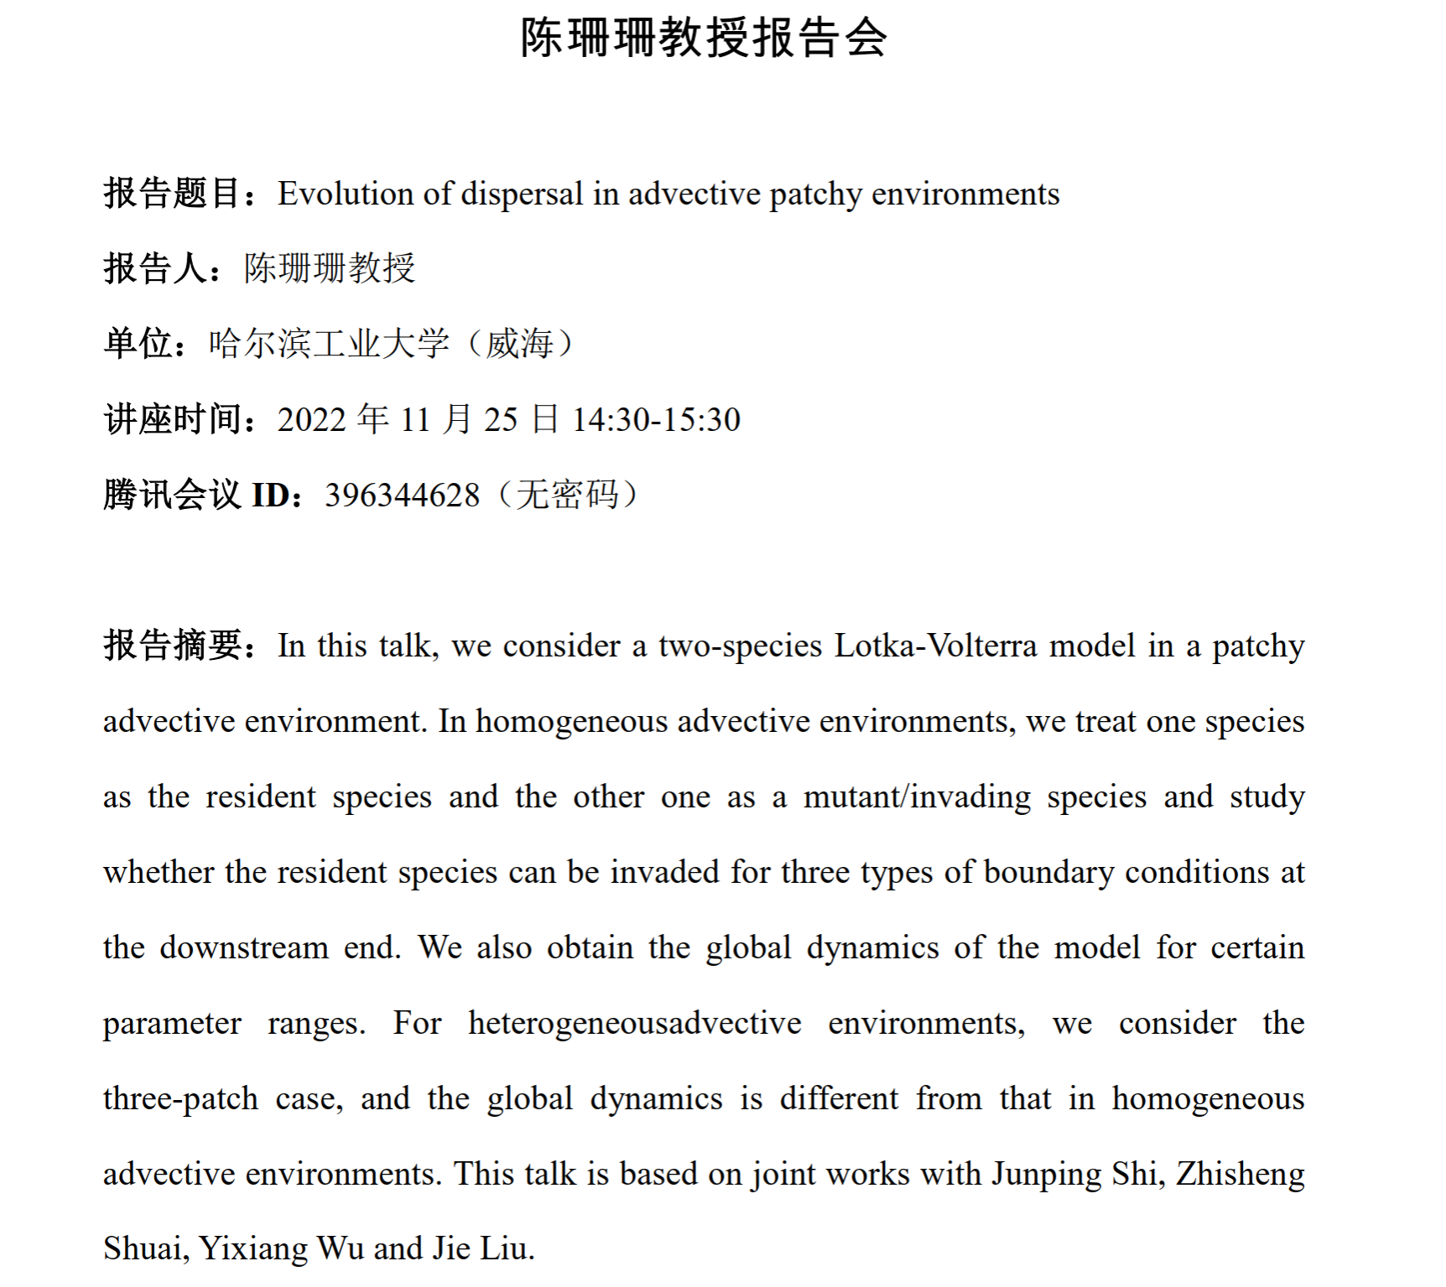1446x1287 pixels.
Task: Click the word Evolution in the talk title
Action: pos(346,194)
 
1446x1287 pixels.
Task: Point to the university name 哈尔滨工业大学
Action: pos(329,344)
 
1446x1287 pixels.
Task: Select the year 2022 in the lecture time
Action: pos(312,419)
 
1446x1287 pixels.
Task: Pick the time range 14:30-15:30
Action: pos(656,419)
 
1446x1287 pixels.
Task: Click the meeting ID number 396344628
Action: pos(403,495)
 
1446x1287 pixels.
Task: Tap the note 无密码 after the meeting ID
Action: pos(568,495)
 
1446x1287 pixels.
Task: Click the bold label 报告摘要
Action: pos(174,646)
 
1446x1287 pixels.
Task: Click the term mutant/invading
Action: pos(917,797)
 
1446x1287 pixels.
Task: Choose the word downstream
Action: pos(244,947)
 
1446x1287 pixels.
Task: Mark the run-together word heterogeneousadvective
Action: pos(635,1023)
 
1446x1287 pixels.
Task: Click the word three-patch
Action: pos(181,1098)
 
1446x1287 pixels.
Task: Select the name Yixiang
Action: pos(252,1248)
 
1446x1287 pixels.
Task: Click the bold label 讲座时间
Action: pos(174,419)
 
